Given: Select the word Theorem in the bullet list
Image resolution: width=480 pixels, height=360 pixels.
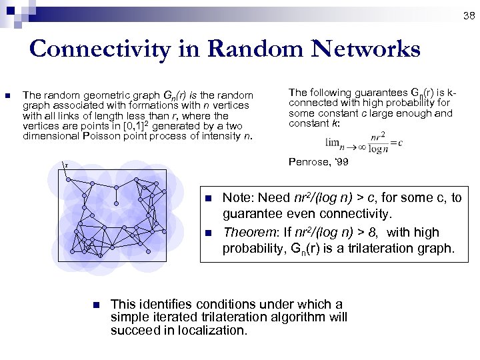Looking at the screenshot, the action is click(243, 232).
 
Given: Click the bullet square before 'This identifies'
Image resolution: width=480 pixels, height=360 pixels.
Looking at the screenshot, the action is click(95, 305).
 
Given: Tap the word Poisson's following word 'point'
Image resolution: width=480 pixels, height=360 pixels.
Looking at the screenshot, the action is click(144, 137).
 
